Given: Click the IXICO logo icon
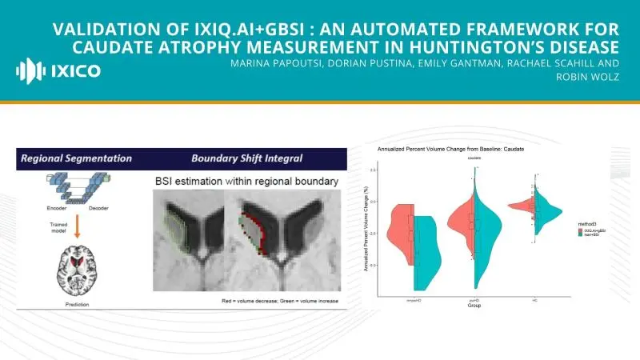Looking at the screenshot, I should point(30,70).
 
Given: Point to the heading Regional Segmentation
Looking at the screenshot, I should point(75,158).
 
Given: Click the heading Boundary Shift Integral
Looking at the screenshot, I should point(242,158).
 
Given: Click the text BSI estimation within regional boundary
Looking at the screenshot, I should point(246,183).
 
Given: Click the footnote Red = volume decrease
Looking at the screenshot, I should point(251,301).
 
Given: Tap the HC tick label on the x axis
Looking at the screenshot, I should point(535,298).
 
